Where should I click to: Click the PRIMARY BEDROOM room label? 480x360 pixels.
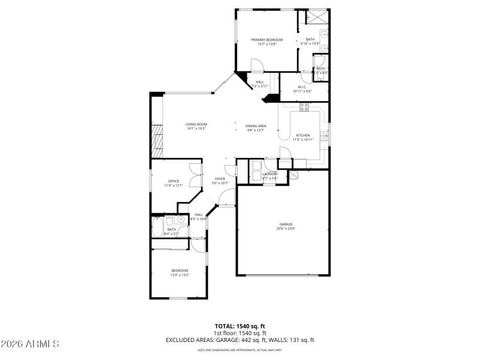(x=267, y=40)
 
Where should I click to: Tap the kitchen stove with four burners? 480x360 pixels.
(x=304, y=108)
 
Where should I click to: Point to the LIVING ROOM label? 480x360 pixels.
(x=196, y=124)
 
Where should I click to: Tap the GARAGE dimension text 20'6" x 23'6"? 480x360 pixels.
(x=285, y=229)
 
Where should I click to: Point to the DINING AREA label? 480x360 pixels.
(x=256, y=126)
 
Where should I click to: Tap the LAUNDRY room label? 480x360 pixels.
(x=270, y=174)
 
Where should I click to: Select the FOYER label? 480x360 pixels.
(x=220, y=178)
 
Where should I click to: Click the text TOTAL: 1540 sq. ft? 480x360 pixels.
(x=239, y=326)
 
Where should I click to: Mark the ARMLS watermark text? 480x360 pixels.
(x=30, y=344)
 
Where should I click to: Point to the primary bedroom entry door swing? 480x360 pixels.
(x=256, y=65)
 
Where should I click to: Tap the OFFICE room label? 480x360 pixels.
(x=173, y=181)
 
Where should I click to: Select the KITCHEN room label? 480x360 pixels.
(x=302, y=136)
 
